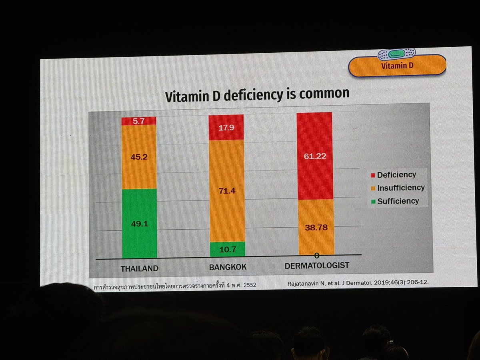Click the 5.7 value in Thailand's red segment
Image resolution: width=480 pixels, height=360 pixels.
coord(138,120)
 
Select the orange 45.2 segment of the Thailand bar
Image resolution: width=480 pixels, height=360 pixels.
coord(139,156)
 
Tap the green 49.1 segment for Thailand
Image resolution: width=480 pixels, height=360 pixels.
coord(139,223)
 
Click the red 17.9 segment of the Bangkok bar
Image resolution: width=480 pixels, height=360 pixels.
coord(226,128)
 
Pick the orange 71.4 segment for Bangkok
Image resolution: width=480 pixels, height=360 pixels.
coord(226,191)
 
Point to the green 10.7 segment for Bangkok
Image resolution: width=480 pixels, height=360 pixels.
coord(226,250)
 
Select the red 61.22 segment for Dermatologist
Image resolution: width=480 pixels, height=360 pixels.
coord(314,156)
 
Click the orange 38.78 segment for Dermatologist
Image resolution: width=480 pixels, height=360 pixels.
coord(316,227)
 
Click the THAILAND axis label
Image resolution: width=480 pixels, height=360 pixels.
coord(140,268)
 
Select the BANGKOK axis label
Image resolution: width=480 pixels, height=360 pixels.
coord(228,267)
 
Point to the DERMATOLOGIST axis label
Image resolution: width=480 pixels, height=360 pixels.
coord(317,265)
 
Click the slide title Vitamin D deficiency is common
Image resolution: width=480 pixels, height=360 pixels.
coord(257,94)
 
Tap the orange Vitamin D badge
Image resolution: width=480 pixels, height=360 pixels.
coord(397,66)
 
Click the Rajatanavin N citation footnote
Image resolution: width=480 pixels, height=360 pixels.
coord(358,282)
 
